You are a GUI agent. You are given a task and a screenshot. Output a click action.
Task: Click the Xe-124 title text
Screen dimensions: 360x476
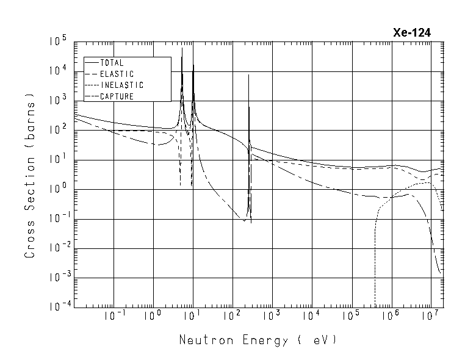tap(413, 34)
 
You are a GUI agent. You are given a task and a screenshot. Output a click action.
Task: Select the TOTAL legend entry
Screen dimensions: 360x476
tap(112, 63)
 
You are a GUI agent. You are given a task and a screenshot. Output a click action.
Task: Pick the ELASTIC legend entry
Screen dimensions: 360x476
tap(117, 74)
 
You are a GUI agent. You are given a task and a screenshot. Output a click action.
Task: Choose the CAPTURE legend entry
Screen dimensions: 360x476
tap(117, 96)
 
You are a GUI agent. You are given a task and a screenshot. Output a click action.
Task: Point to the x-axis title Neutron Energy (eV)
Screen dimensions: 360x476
tap(258, 340)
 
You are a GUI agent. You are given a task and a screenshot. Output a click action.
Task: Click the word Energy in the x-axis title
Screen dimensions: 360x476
tap(266, 340)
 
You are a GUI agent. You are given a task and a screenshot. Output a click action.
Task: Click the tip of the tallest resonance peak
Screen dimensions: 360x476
tap(182, 48)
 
